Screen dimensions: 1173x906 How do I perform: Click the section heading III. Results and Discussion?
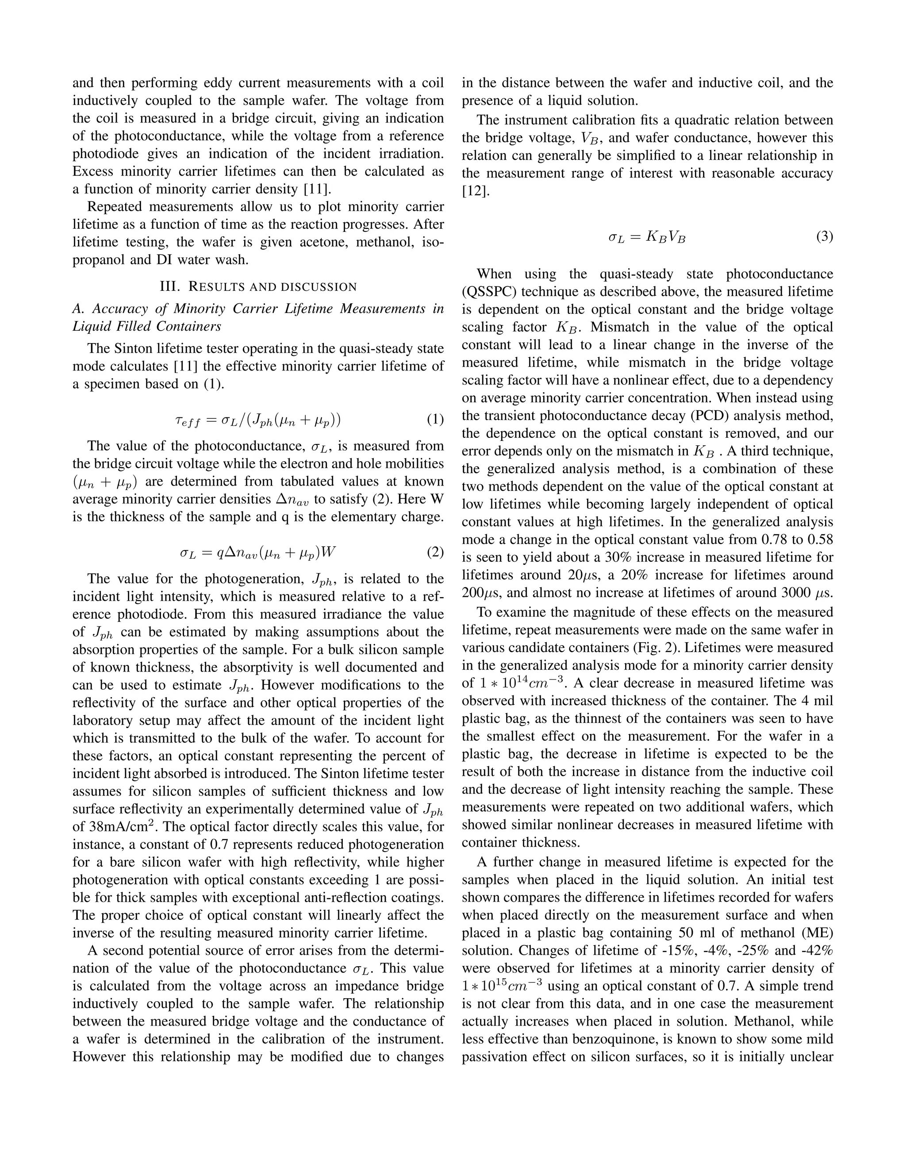[x=258, y=286]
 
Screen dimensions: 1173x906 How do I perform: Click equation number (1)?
[x=435, y=420]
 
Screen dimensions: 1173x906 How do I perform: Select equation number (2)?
[x=435, y=552]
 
